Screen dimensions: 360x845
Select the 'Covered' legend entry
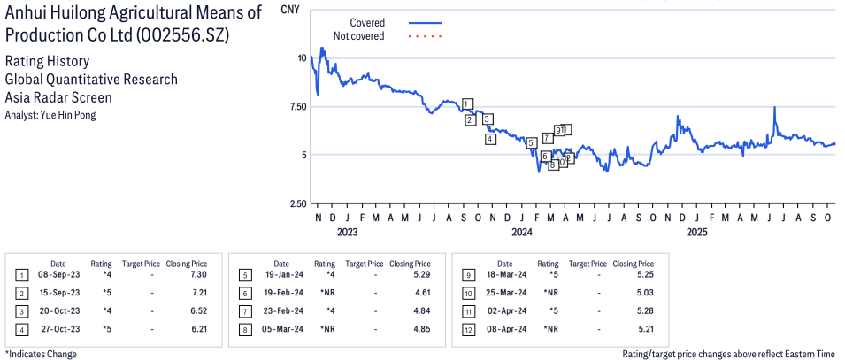pos(366,22)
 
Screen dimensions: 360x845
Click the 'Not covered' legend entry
pos(358,36)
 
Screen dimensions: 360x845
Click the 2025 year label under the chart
pos(696,233)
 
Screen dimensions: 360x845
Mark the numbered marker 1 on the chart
pos(467,103)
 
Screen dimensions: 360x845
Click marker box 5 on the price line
pos(531,142)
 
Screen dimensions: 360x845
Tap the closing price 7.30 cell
pos(199,274)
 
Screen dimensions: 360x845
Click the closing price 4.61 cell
pos(422,292)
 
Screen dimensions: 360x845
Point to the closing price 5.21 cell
pos(645,328)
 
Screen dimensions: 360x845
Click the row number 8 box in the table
pos(244,328)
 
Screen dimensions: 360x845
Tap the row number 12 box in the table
pos(468,328)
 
